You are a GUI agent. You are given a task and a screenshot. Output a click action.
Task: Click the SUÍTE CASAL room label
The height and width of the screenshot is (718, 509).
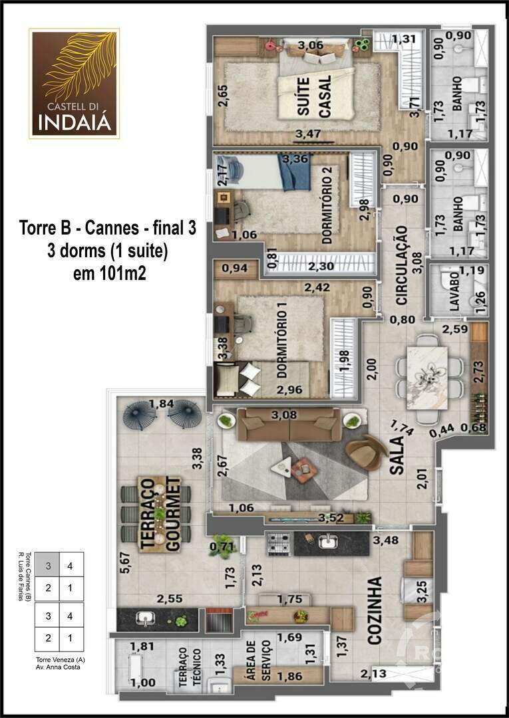pos(316,97)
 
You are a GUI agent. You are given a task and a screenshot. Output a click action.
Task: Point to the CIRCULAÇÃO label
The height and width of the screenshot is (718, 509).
pos(401,265)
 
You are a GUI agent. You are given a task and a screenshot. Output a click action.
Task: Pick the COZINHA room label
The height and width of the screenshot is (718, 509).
pos(375,610)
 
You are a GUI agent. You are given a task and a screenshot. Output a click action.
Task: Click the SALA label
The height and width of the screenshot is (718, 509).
pos(397,456)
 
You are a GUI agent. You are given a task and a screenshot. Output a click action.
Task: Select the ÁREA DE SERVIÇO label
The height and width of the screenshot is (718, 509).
pos(259,661)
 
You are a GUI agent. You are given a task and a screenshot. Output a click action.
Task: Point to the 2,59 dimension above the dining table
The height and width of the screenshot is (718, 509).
pos(456,328)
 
